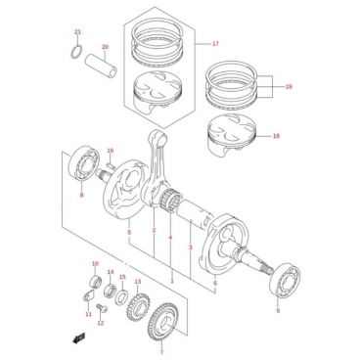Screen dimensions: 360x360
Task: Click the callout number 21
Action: tap(77, 32)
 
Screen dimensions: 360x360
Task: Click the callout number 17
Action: tap(215, 44)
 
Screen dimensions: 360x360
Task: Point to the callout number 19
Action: tap(289, 87)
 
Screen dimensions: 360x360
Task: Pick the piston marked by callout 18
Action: tap(232, 136)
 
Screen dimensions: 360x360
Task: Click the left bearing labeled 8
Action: tap(85, 163)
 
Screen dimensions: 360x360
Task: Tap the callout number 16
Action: tap(111, 151)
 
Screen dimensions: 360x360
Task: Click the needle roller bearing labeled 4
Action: tap(172, 200)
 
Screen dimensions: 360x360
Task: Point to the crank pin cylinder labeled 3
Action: tap(195, 215)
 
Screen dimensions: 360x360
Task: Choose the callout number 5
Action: tap(129, 233)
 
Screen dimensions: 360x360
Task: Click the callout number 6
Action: tap(215, 283)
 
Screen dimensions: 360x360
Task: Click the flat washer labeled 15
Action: tap(122, 297)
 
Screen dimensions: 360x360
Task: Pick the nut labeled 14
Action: tap(110, 290)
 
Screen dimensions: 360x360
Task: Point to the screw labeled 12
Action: tap(102, 308)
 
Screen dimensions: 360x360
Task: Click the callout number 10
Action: tap(95, 263)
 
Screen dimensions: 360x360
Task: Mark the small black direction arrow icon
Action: tap(78, 338)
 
